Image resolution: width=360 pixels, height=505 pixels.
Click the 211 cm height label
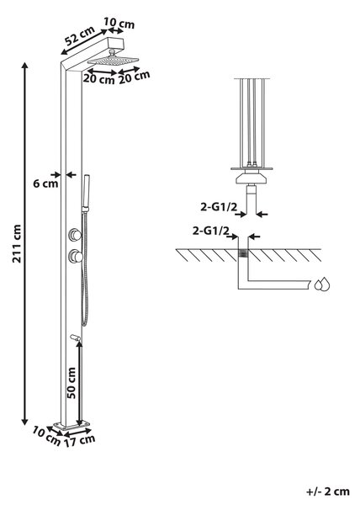(17, 243)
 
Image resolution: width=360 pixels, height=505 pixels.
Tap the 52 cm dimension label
(80, 35)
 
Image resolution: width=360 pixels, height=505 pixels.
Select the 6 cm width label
(45, 183)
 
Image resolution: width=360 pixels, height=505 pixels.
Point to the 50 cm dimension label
(71, 383)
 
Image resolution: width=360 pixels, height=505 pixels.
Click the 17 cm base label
(79, 440)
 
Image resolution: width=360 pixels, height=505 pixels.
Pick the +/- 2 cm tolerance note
(328, 492)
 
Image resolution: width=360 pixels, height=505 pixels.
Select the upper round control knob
(75, 234)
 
